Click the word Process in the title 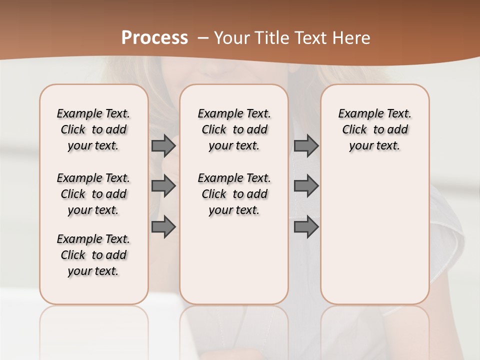pos(154,38)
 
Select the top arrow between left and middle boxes pos(163,146)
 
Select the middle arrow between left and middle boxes pos(163,186)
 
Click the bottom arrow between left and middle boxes pos(163,227)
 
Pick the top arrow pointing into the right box pos(306,146)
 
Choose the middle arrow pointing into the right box pos(306,186)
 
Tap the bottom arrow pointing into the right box pos(306,227)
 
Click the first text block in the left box pos(93,129)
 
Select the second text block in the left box pos(93,194)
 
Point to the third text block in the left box pos(93,255)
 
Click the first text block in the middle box pos(234,129)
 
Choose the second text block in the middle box pos(234,194)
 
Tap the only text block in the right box pos(375,129)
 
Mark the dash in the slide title pos(203,38)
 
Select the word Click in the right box pos(354,130)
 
